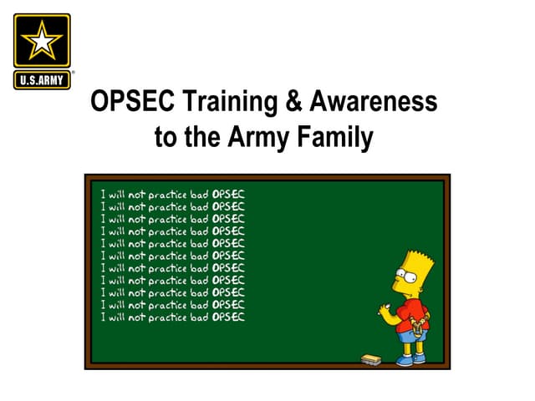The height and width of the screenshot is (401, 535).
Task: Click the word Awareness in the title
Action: point(375,102)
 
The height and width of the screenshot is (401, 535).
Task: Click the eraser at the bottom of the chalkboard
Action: point(369,358)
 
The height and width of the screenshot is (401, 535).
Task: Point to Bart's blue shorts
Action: point(411,334)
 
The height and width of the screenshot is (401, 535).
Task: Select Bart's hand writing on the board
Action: point(385,308)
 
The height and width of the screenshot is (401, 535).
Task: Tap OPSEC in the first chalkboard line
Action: point(228,194)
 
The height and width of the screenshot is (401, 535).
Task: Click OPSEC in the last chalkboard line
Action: point(228,317)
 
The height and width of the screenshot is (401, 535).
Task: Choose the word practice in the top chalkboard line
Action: point(168,194)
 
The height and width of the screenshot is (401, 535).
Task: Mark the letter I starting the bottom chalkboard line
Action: point(103,317)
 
